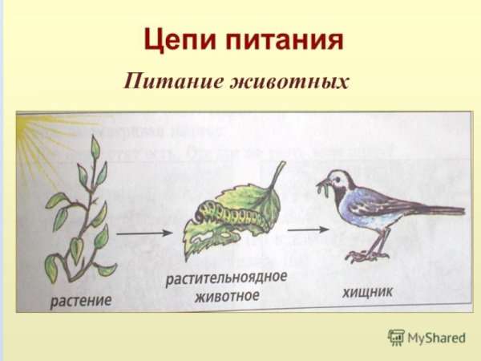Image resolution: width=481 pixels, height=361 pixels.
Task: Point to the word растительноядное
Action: [227, 280]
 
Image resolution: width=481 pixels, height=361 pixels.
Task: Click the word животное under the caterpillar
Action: [227, 297]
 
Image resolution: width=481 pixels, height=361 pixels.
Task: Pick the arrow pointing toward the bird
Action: [306, 230]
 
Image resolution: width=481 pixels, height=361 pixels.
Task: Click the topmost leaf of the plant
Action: [95, 148]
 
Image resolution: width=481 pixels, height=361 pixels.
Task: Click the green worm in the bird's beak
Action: [323, 191]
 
